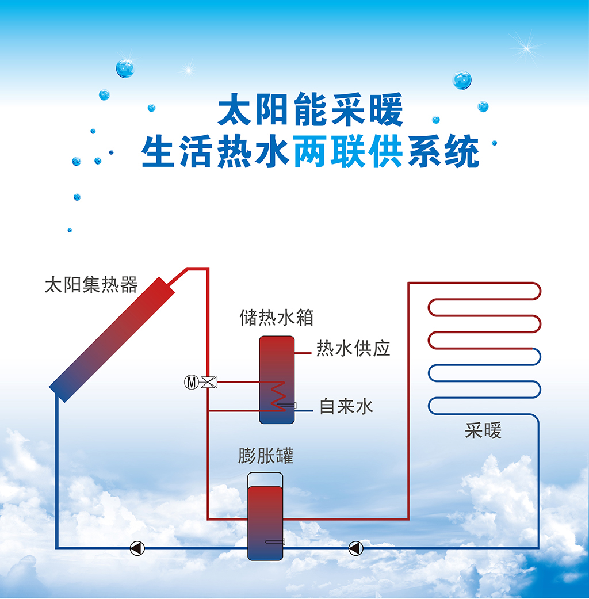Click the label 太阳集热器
[91, 285]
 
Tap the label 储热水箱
[277, 318]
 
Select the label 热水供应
[353, 348]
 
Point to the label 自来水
[346, 406]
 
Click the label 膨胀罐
[266, 456]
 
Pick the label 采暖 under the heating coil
[483, 431]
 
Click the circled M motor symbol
[192, 382]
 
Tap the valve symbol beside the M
[209, 382]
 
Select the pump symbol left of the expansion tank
[137, 548]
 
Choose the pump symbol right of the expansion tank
[355, 548]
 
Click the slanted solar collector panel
[112, 339]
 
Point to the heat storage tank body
[277, 380]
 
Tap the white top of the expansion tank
[266, 479]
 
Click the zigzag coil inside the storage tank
[278, 396]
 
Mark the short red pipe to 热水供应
[303, 353]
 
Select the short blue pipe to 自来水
[304, 411]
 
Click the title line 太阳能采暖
[311, 109]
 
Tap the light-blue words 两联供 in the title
[349, 151]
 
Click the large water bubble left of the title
[125, 68]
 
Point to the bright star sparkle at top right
[527, 48]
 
